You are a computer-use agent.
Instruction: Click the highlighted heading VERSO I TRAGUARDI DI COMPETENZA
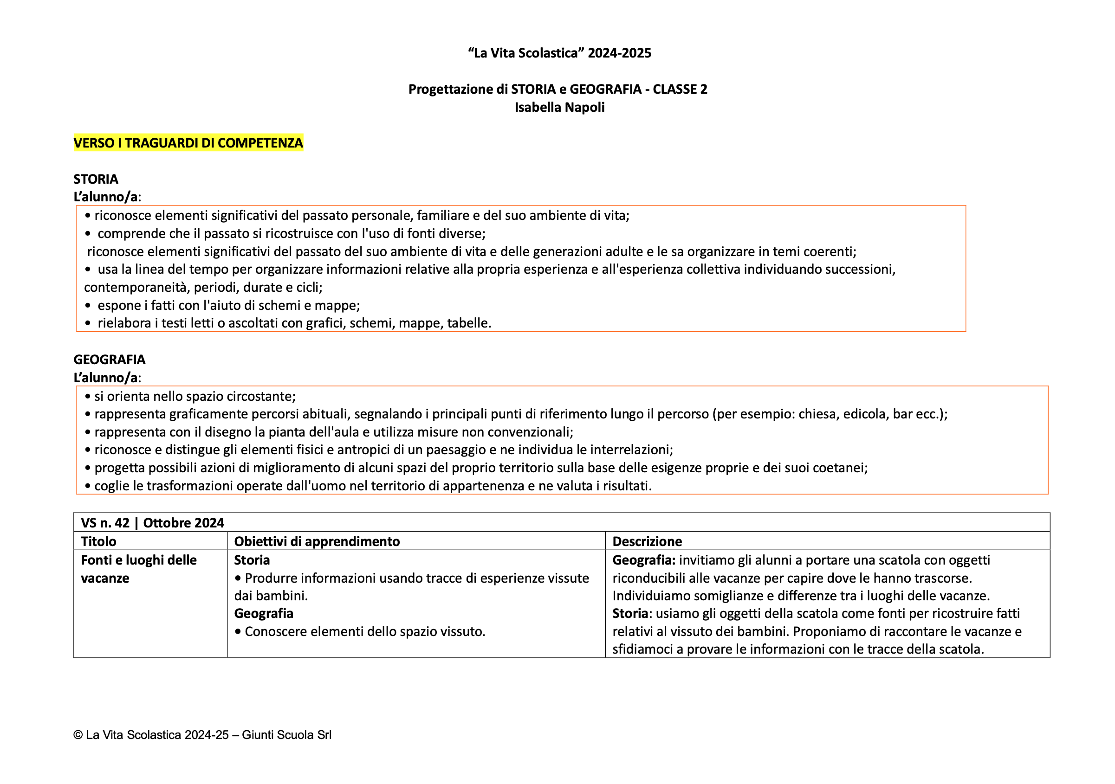(x=188, y=143)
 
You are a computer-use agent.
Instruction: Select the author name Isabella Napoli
(x=559, y=107)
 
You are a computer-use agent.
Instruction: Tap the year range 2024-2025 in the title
(x=619, y=53)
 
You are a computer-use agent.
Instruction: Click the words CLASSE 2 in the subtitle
(x=680, y=90)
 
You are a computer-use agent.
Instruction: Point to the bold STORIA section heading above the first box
(x=96, y=179)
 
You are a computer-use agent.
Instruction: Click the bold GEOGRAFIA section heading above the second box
(x=109, y=360)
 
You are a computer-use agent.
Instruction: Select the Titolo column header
(x=98, y=541)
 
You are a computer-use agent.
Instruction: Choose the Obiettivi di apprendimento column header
(x=317, y=541)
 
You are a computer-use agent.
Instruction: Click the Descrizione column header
(x=647, y=541)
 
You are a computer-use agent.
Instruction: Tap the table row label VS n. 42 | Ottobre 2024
(x=152, y=523)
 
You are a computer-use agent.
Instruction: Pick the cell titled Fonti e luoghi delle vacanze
(x=138, y=569)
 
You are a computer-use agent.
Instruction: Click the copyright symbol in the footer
(x=78, y=735)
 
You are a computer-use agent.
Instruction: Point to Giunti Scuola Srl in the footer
(x=286, y=735)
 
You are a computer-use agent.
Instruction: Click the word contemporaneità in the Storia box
(x=136, y=287)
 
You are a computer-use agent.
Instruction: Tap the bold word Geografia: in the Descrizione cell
(x=643, y=560)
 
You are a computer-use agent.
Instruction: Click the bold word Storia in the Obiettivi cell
(x=252, y=560)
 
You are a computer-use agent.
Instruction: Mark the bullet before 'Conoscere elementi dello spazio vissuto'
(x=238, y=631)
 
